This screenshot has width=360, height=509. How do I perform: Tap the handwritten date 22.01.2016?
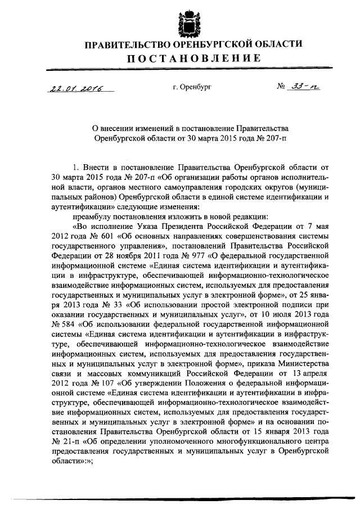[x=72, y=88]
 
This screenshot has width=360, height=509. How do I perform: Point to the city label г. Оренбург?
[x=192, y=87]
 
